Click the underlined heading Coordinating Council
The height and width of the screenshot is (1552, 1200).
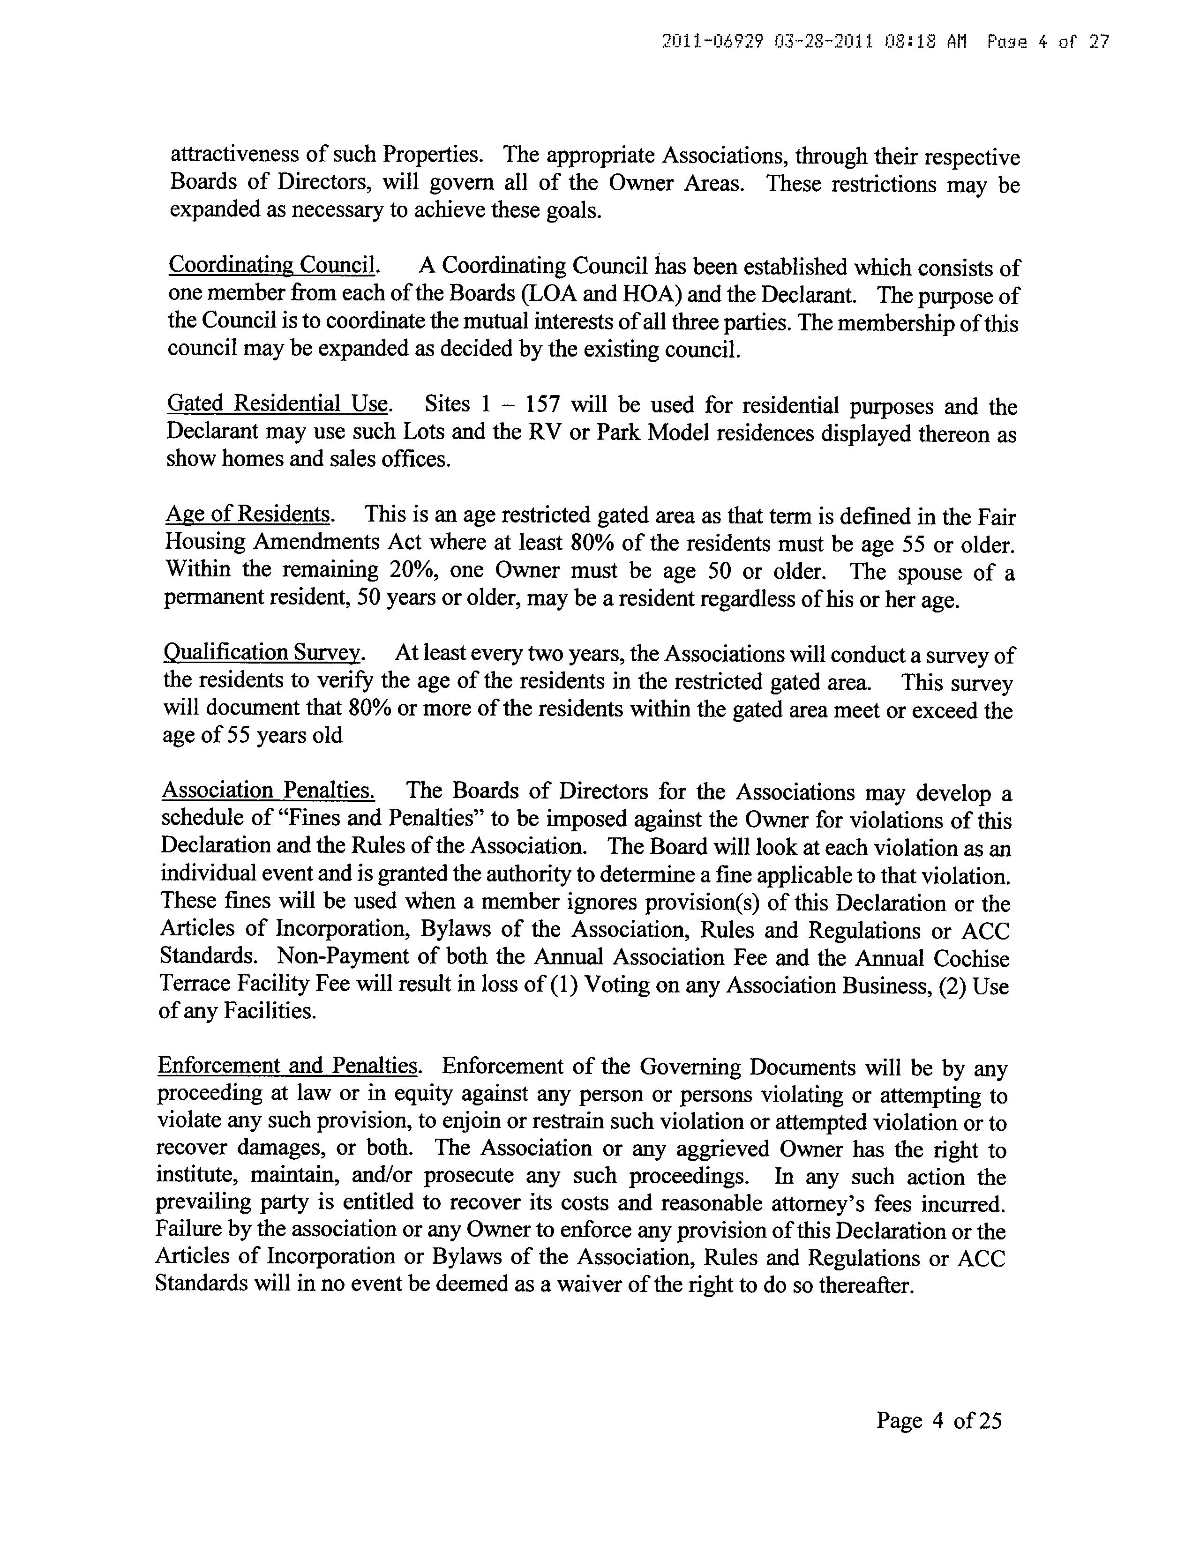point(271,265)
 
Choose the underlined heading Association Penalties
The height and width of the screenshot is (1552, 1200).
point(268,790)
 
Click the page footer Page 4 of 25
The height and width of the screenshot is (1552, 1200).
point(938,1420)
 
